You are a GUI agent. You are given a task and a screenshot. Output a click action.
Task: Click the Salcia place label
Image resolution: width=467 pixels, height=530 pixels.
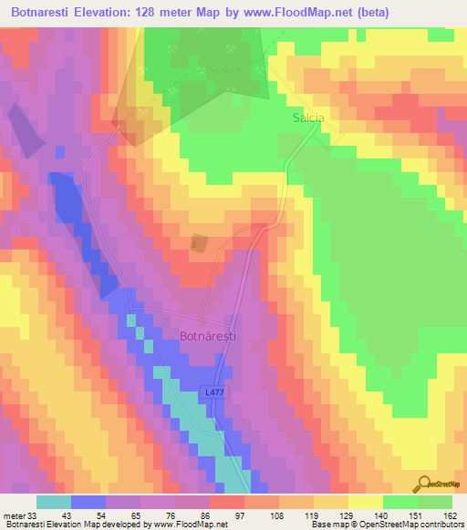point(308,118)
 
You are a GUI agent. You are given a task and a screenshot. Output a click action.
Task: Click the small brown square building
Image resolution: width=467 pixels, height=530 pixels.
point(199,244)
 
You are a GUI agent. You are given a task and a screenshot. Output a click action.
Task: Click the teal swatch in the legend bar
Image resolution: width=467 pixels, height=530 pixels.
point(53,502)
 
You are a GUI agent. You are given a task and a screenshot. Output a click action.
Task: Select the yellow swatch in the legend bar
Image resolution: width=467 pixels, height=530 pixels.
point(365,502)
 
